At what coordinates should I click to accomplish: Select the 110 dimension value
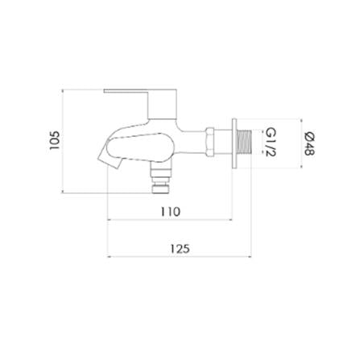point(170,212)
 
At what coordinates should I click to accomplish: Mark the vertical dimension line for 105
point(63,141)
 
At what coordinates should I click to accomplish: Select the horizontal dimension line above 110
point(170,221)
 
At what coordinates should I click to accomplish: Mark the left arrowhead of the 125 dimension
point(110,258)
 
